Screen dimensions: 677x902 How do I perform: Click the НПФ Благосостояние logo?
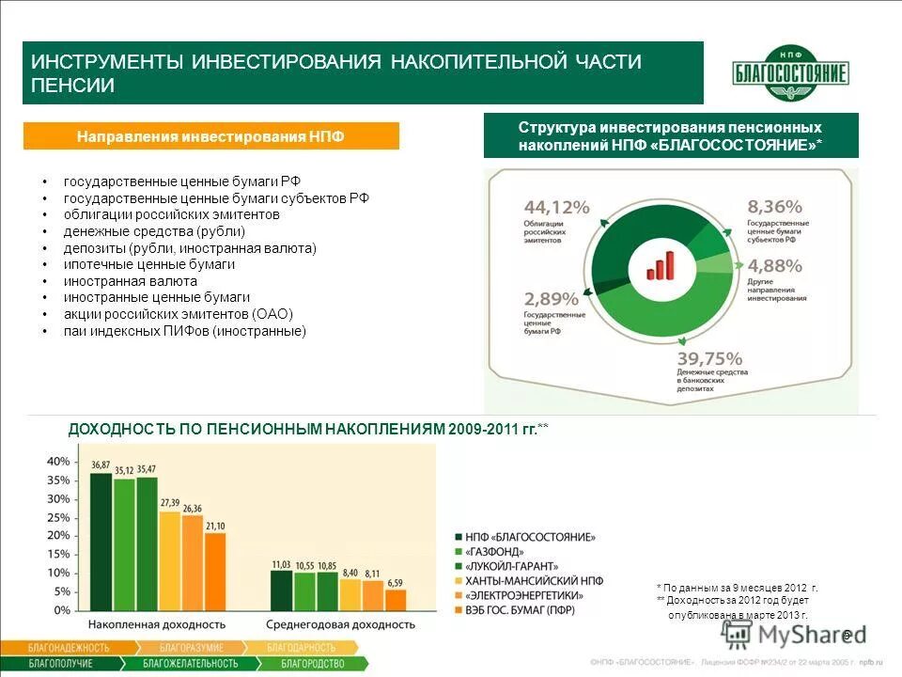[790, 73]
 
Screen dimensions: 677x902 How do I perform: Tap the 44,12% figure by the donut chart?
[556, 207]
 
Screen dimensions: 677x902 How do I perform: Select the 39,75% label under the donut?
[710, 358]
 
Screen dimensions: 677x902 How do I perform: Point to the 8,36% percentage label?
[774, 206]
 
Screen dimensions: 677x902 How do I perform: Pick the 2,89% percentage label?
[552, 299]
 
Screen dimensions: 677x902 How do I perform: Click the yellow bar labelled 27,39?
[169, 559]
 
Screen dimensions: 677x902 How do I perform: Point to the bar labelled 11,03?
[281, 590]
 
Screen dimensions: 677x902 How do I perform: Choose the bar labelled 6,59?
[396, 598]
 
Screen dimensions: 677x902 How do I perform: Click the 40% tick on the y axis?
[58, 462]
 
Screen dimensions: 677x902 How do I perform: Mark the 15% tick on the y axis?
[58, 555]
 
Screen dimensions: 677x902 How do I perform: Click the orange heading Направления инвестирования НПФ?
[210, 136]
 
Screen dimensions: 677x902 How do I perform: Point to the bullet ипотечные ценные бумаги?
[149, 265]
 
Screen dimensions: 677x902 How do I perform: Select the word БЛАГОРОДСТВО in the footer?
[314, 664]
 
